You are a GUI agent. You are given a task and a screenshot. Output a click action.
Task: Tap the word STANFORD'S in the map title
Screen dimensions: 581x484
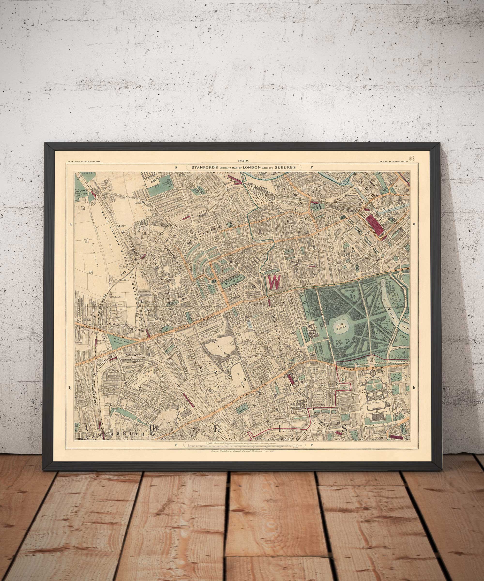click(203, 167)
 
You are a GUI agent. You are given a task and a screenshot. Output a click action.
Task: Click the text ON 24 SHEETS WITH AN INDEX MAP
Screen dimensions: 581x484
click(83, 161)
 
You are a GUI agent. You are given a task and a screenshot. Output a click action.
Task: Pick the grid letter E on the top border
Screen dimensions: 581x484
click(176, 167)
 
